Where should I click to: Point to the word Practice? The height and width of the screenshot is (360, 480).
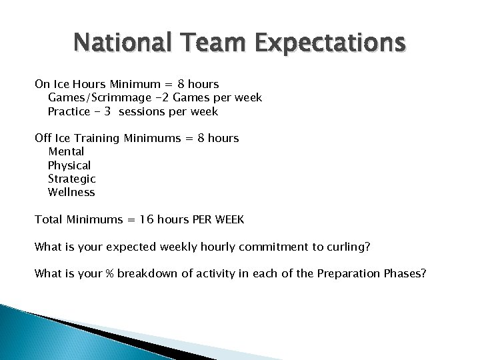[x=69, y=111]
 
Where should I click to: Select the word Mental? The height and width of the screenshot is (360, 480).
[x=66, y=152]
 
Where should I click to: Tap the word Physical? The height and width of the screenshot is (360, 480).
[x=69, y=165]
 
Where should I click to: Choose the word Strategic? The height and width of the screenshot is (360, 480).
[x=72, y=179]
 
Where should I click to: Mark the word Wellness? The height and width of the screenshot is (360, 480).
[x=71, y=192]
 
